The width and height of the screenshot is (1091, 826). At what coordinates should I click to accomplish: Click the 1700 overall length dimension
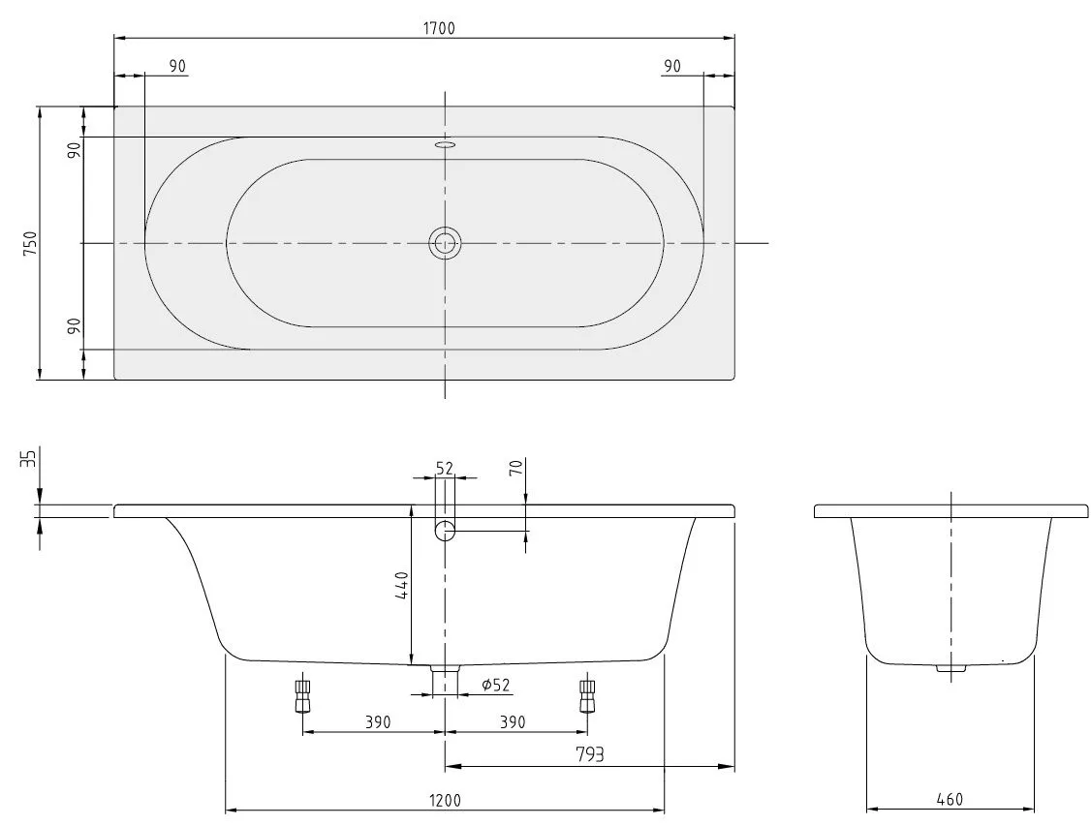[438, 28]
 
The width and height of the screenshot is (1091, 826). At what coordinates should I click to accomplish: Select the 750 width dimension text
[30, 243]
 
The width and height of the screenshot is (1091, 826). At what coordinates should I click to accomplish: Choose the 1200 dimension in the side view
[444, 800]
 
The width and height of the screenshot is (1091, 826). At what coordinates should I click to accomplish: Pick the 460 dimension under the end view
[950, 800]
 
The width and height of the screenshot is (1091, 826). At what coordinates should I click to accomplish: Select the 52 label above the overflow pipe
[445, 468]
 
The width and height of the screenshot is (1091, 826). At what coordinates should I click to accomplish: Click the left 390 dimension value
[377, 722]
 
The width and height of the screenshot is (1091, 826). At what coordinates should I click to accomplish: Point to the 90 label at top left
[177, 66]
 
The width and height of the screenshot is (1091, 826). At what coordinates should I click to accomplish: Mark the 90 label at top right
[671, 66]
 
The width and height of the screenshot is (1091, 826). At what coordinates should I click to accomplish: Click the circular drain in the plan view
[445, 243]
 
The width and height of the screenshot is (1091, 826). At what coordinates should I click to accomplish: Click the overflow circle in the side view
[445, 530]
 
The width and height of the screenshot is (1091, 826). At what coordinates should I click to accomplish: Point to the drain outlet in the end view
[951, 667]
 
